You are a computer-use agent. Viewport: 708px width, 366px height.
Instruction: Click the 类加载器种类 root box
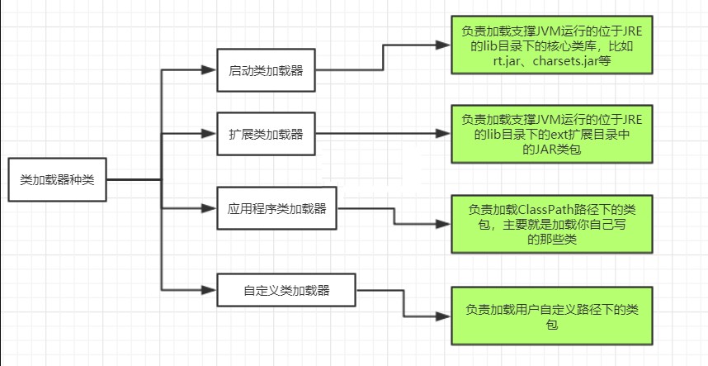56,179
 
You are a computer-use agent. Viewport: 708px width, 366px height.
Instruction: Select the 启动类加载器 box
266,70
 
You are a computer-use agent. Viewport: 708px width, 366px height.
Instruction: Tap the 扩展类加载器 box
266,133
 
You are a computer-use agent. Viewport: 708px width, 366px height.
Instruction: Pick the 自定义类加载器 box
287,290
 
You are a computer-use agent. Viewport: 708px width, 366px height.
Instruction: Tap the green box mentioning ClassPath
551,223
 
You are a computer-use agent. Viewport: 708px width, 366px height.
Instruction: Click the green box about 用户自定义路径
551,316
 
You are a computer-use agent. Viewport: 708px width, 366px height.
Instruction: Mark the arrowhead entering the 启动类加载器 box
211,70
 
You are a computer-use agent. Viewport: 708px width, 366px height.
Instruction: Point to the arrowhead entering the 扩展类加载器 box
211,133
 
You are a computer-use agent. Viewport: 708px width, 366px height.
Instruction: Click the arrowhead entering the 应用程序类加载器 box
211,208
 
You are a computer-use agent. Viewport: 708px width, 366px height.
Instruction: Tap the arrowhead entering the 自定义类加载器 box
211,290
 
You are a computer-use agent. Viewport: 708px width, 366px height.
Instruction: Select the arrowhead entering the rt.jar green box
446,46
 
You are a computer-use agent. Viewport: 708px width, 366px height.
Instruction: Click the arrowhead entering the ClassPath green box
446,224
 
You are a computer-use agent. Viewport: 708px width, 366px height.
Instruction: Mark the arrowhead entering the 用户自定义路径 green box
446,316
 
